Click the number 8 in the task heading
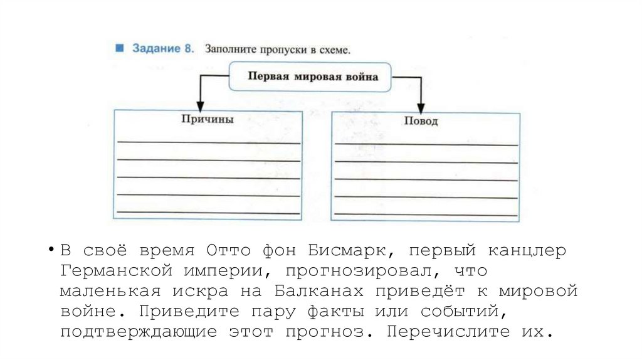click(x=187, y=49)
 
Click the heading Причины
click(x=207, y=119)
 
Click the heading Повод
click(x=421, y=121)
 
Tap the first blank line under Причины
click(x=208, y=142)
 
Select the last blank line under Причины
click(x=208, y=213)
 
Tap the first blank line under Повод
click(x=426, y=145)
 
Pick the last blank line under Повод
click(x=426, y=215)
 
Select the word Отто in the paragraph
click(x=228, y=251)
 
